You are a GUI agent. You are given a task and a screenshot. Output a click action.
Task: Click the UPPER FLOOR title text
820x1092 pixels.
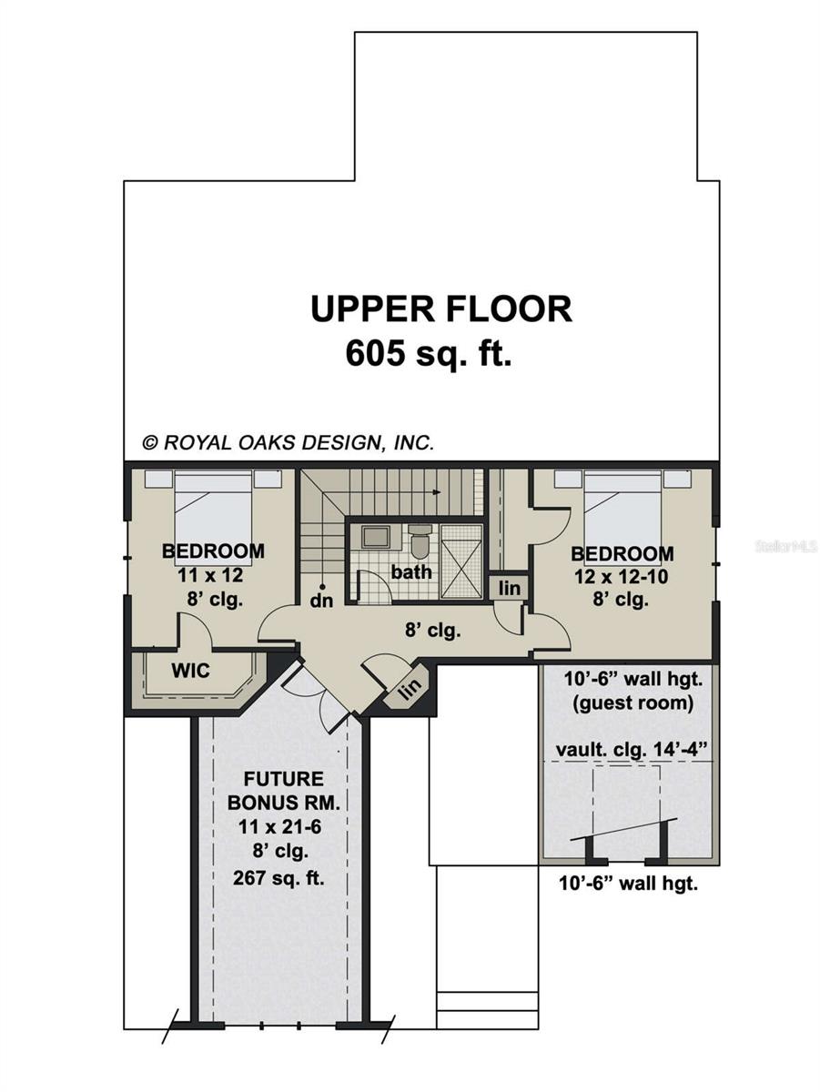tap(441, 309)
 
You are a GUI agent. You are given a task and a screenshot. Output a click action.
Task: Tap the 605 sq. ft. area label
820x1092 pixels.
tap(429, 353)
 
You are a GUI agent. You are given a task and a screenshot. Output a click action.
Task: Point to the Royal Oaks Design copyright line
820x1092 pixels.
tap(289, 442)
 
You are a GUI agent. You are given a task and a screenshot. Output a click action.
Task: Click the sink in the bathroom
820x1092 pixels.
tap(375, 537)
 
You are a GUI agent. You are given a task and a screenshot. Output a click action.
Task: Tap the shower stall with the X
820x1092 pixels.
tap(461, 561)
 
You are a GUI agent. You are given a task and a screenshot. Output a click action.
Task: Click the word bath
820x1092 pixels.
tap(411, 572)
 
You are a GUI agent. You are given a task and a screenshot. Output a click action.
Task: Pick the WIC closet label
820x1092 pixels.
tap(190, 671)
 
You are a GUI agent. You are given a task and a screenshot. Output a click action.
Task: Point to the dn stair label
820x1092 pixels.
tap(321, 602)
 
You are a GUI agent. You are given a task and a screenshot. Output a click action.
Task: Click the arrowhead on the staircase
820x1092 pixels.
tap(436, 492)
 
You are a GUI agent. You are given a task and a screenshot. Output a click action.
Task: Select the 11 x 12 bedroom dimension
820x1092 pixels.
tap(210, 576)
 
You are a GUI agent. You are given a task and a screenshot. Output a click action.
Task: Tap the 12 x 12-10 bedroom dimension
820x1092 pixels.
tap(621, 577)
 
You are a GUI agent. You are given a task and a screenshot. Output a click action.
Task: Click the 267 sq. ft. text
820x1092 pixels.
tap(278, 878)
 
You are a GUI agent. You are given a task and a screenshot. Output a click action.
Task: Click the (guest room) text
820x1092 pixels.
tap(633, 703)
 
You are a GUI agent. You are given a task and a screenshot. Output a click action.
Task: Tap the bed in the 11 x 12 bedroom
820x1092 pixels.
tap(213, 518)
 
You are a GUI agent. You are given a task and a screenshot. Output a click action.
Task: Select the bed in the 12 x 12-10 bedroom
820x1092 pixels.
tap(623, 518)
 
